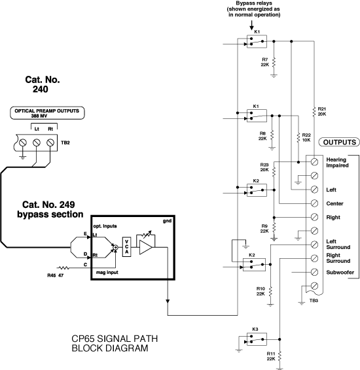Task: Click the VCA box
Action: pyautogui.click(x=126, y=246)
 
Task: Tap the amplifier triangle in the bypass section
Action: pyautogui.click(x=145, y=247)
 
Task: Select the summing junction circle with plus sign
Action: pyautogui.click(x=115, y=247)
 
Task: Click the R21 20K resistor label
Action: pyautogui.click(x=322, y=111)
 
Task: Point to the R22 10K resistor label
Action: pyautogui.click(x=306, y=137)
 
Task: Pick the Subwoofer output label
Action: pyautogui.click(x=340, y=273)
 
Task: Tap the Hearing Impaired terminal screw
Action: pyautogui.click(x=314, y=162)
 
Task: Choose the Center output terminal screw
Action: pyautogui.click(x=314, y=203)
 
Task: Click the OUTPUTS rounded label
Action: pyautogui.click(x=339, y=142)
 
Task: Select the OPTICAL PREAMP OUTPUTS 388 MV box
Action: pyautogui.click(x=47, y=113)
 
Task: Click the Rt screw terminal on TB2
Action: pyautogui.click(x=50, y=143)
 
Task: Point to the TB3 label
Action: pyautogui.click(x=314, y=301)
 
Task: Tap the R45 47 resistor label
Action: pyautogui.click(x=55, y=275)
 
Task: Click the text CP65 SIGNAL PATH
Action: pyautogui.click(x=115, y=339)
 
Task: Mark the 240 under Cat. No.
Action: pyautogui.click(x=40, y=89)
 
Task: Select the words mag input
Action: pyautogui.click(x=107, y=273)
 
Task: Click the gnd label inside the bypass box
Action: pyautogui.click(x=167, y=221)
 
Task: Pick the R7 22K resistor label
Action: pyautogui.click(x=265, y=62)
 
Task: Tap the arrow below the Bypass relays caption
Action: pyautogui.click(x=252, y=25)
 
